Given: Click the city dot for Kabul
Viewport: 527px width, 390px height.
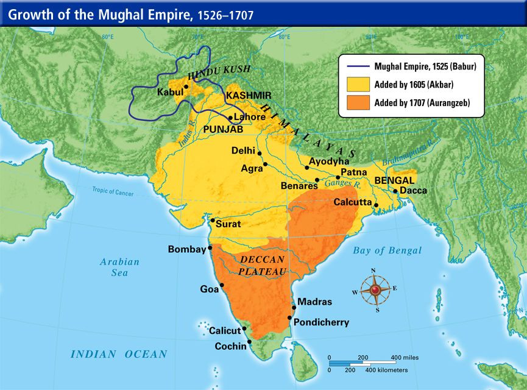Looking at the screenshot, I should (x=186, y=87).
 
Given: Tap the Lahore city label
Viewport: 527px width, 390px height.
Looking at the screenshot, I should (x=250, y=117).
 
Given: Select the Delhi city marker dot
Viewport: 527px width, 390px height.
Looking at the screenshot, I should (x=260, y=154).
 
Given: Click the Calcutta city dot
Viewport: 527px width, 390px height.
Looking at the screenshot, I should (x=376, y=205).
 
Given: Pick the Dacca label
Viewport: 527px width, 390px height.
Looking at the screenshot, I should (x=414, y=190).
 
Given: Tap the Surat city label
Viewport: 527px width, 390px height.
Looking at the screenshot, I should (x=228, y=224).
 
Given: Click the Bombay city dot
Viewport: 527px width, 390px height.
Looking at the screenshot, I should (x=210, y=248).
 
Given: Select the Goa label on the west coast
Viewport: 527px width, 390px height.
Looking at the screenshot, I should (x=209, y=289).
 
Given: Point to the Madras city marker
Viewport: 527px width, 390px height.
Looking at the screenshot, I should (x=294, y=308).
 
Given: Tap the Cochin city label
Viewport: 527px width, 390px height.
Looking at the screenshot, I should (x=231, y=346).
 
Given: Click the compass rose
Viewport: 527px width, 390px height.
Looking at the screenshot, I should (x=375, y=289).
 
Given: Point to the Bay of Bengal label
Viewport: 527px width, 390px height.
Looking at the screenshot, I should (x=387, y=250).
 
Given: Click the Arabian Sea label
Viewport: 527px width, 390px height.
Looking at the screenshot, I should (x=120, y=268).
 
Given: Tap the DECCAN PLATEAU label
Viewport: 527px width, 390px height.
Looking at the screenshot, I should (x=262, y=264).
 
